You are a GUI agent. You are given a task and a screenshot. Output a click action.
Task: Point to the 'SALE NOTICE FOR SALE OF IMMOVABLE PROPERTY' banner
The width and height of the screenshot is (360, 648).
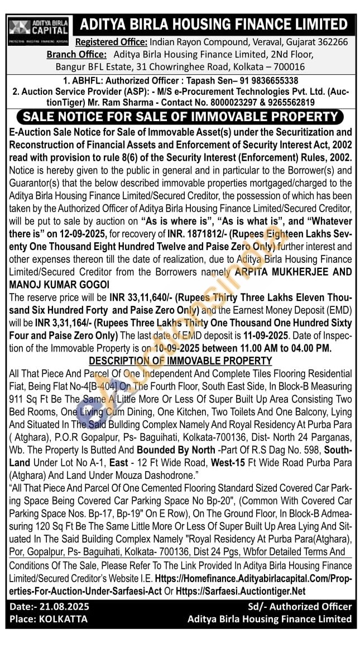click(x=180, y=117)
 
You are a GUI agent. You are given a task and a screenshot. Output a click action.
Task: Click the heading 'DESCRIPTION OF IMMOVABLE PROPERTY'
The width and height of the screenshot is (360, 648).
click(x=180, y=361)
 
